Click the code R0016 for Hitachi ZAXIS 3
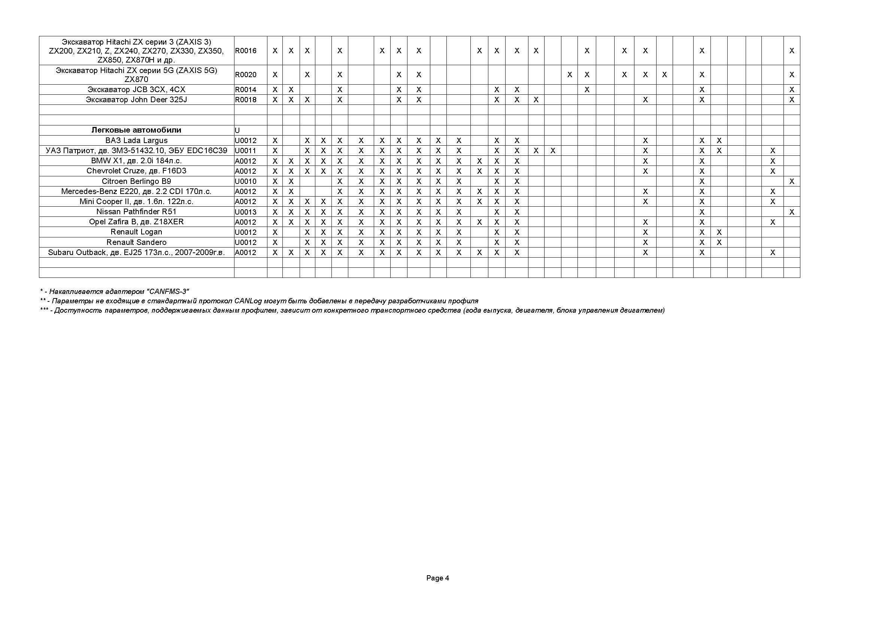point(246,51)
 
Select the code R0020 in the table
point(246,75)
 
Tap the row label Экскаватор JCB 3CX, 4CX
point(136,89)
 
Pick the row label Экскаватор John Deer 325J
point(136,100)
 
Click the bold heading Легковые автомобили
point(136,130)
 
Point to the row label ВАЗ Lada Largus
point(136,140)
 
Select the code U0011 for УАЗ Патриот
point(246,151)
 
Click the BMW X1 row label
point(136,161)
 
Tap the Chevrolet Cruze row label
point(136,171)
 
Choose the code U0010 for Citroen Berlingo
point(246,181)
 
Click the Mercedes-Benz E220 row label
point(136,191)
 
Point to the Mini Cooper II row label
point(136,201)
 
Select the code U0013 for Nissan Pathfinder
point(246,212)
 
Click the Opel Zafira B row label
point(136,222)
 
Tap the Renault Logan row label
point(136,232)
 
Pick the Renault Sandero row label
point(136,242)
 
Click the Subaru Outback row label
point(136,252)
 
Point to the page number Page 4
point(437,578)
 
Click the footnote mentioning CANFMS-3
point(115,292)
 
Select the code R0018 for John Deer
point(246,100)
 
